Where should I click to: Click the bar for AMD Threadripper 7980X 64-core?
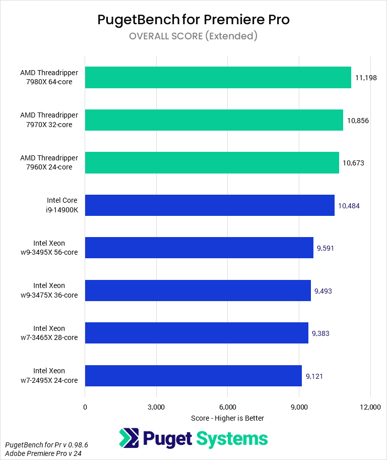coord(218,78)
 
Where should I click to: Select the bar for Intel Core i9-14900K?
coord(210,205)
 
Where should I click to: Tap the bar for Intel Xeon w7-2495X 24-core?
coord(193,376)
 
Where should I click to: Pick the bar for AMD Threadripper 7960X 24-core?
coord(212,162)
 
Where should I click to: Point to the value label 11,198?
coord(366,78)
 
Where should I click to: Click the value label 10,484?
coord(349,205)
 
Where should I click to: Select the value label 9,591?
coord(326,248)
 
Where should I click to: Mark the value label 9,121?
coord(314,376)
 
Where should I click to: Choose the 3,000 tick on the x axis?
coord(156,407)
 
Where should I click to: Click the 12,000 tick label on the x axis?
coord(371,407)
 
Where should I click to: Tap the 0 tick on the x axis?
coord(85,407)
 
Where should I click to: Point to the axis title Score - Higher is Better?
coord(228,418)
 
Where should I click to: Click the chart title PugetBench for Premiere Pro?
coord(193,20)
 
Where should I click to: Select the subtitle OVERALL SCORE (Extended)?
coord(193,36)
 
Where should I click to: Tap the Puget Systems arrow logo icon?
coord(129,438)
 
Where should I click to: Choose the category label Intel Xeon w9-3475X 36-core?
coord(49,291)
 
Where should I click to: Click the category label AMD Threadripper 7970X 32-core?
coord(49,120)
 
